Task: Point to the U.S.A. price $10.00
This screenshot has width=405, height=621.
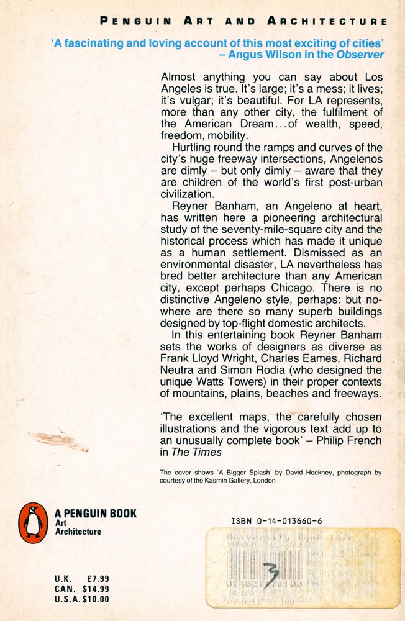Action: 93,599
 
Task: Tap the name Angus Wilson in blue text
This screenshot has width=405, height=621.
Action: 275,55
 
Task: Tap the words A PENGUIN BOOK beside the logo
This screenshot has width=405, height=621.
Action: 96,514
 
